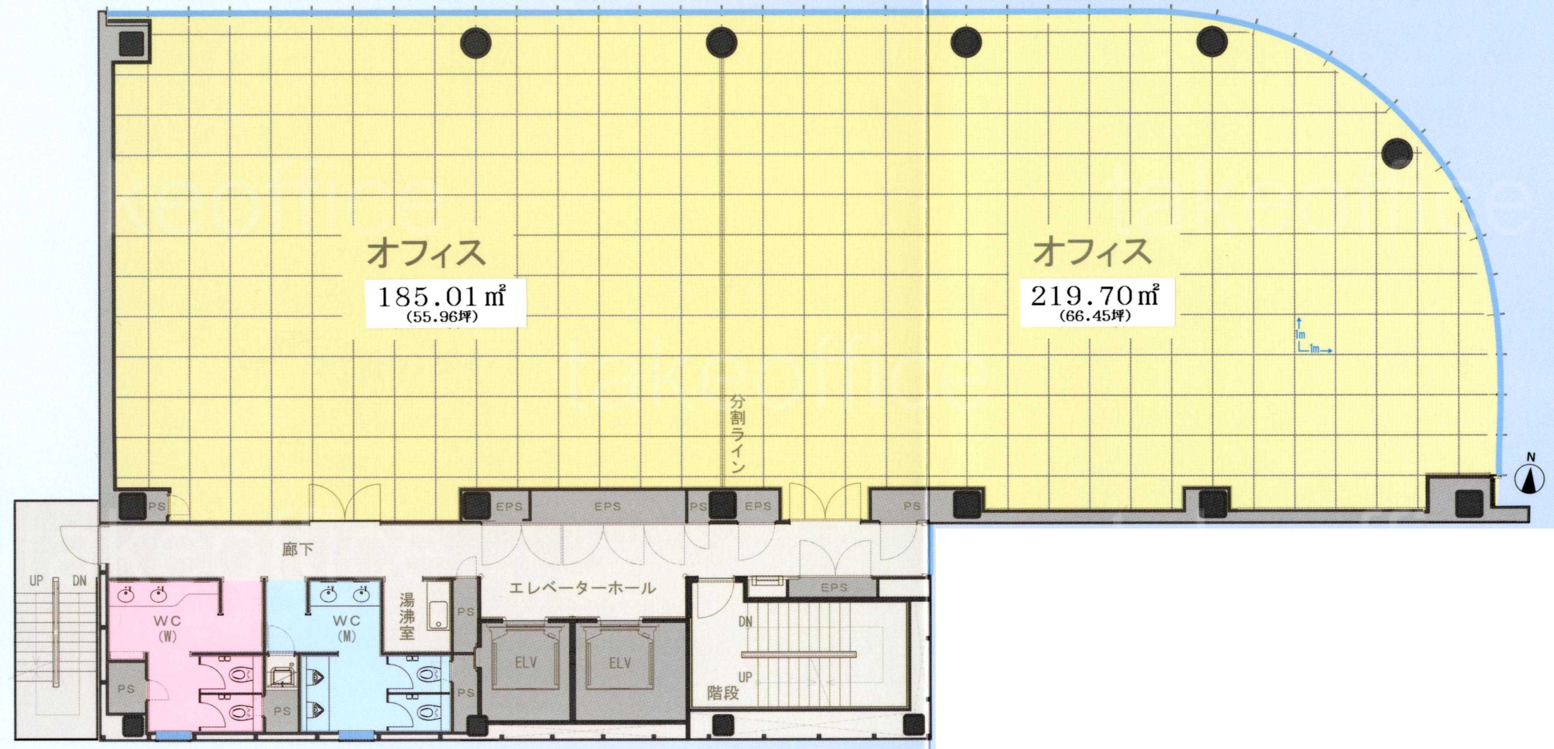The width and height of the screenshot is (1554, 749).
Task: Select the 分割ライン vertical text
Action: pos(738,434)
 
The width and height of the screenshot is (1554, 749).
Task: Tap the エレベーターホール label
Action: pos(582,587)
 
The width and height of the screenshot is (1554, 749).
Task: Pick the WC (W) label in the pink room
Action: pos(167,627)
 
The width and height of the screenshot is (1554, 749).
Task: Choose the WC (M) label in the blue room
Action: pos(346,627)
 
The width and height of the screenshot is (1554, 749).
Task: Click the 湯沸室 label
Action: pos(407,616)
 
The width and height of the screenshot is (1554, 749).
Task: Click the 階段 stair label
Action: pos(723,693)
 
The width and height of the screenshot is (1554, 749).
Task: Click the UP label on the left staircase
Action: pos(36,581)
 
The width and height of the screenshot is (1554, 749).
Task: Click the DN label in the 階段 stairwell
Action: pos(745,621)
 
